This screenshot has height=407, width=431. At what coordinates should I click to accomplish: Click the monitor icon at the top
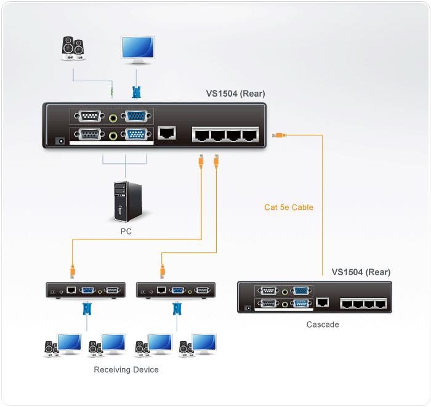[137, 50]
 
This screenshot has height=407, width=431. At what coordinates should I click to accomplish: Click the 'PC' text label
[126, 232]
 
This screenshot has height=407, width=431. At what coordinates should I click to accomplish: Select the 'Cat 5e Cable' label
[289, 208]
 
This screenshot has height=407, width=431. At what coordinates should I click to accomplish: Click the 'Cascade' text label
[323, 324]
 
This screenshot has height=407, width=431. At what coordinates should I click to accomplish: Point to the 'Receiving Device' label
[126, 370]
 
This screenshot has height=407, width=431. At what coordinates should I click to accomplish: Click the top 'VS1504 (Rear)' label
[236, 94]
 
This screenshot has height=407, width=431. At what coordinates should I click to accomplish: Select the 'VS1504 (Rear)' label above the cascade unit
[361, 272]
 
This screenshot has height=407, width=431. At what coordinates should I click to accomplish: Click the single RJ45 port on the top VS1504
[167, 132]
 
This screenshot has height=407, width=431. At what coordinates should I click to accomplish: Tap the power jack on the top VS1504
[60, 141]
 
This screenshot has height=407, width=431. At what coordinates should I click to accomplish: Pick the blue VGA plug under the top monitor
[137, 92]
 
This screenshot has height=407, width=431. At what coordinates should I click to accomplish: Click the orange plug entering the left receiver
[72, 270]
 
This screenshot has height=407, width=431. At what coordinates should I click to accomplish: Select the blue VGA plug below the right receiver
[177, 308]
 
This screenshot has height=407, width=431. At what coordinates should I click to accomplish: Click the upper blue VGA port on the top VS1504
[135, 117]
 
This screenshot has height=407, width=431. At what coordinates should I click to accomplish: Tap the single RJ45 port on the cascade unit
[323, 302]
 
